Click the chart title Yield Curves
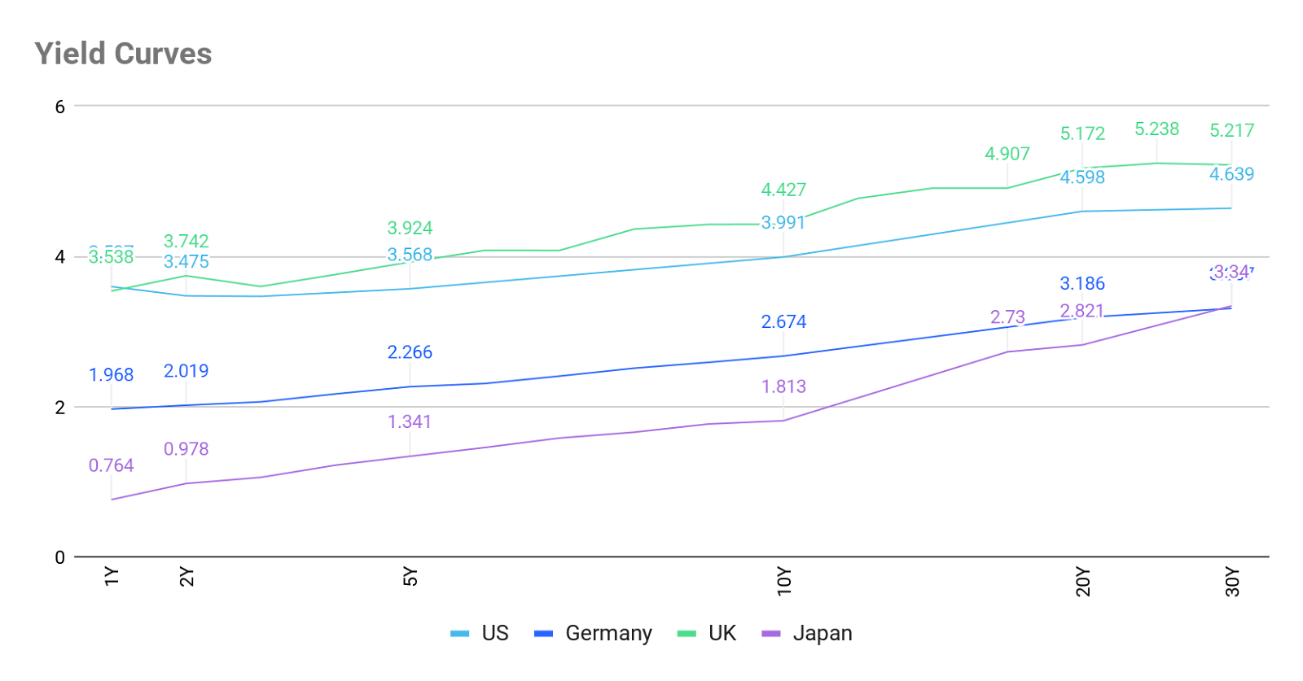pyautogui.click(x=123, y=54)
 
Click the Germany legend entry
pyautogui.click(x=594, y=633)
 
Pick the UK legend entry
pyautogui.click(x=708, y=633)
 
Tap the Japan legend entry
pyautogui.click(x=807, y=633)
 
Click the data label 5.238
pyautogui.click(x=1157, y=129)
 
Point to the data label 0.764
pyautogui.click(x=112, y=465)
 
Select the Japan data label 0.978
pyautogui.click(x=186, y=449)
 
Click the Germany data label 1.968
pyautogui.click(x=112, y=375)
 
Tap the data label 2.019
pyautogui.click(x=186, y=371)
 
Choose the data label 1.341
pyautogui.click(x=410, y=421)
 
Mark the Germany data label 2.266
pyautogui.click(x=410, y=352)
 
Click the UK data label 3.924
pyautogui.click(x=410, y=227)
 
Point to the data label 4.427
pyautogui.click(x=783, y=190)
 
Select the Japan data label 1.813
pyautogui.click(x=783, y=386)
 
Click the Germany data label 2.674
pyautogui.click(x=783, y=321)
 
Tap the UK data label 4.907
pyautogui.click(x=1007, y=153)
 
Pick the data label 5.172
pyautogui.click(x=1082, y=133)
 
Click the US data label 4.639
pyautogui.click(x=1231, y=173)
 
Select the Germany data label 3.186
pyautogui.click(x=1082, y=283)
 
